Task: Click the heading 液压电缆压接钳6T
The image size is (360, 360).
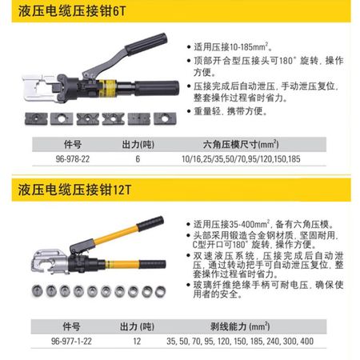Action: tap(72, 11)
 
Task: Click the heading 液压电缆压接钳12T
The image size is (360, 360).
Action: tap(74, 190)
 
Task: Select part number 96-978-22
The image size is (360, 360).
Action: tap(73, 159)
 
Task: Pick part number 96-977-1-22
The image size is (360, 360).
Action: tap(71, 341)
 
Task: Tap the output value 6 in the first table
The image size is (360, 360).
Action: tap(138, 159)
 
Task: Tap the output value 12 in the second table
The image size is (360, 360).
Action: tap(137, 341)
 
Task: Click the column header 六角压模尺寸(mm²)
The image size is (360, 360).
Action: tap(241, 144)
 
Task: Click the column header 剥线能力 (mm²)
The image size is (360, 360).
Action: tap(240, 326)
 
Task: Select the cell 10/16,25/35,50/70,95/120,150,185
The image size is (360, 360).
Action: tap(241, 159)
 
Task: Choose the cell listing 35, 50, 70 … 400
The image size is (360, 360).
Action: tap(240, 341)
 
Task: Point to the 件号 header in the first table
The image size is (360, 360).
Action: tap(73, 144)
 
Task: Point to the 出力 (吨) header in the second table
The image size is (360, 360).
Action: tap(137, 326)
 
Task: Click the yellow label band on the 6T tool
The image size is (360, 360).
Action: tap(107, 88)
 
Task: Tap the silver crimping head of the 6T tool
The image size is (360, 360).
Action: tap(39, 88)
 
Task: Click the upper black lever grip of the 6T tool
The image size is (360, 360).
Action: tap(146, 44)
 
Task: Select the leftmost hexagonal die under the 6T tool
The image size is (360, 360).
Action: tap(36, 119)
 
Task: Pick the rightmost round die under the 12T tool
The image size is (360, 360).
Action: tap(160, 291)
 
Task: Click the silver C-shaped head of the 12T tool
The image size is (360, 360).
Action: tap(50, 261)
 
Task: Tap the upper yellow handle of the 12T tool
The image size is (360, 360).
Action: tap(116, 234)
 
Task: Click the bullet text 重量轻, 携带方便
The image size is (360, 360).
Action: tap(230, 111)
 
